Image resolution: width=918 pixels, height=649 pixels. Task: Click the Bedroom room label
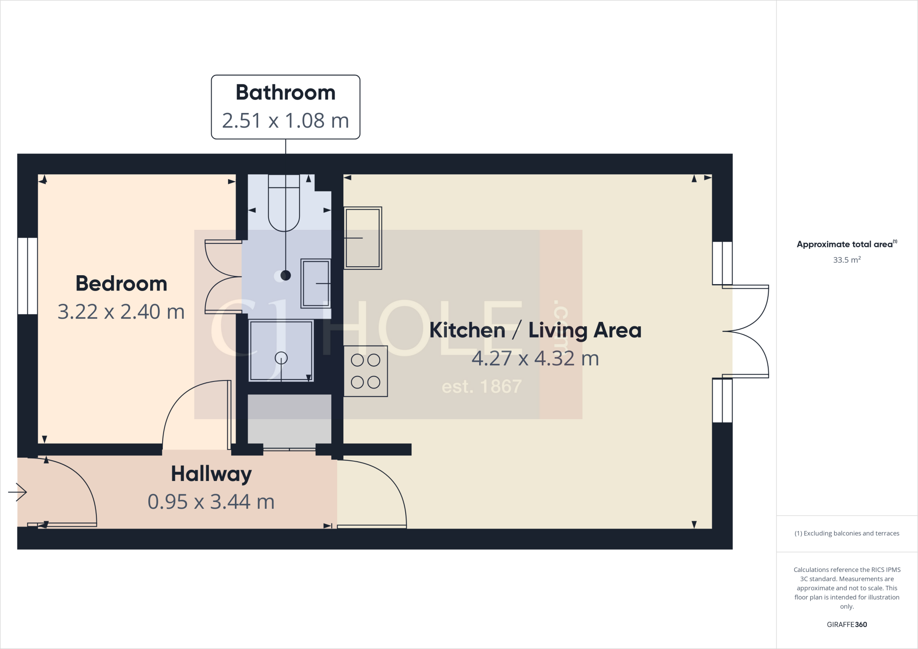point(121,284)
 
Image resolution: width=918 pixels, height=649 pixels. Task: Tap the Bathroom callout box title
point(286,93)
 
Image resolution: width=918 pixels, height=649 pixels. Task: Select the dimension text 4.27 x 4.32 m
point(535,358)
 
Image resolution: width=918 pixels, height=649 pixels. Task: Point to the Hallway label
point(211,474)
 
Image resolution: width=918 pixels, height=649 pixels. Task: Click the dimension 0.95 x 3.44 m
point(211,502)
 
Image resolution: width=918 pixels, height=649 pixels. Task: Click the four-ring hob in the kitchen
point(365,371)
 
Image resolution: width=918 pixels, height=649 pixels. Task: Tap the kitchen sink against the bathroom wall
point(363,238)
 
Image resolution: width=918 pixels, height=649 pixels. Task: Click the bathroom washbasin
point(316,283)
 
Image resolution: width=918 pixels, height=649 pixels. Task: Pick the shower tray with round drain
point(281,351)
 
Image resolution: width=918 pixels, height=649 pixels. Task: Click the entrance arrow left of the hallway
point(18,492)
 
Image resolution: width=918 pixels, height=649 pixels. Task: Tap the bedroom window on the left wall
point(27,276)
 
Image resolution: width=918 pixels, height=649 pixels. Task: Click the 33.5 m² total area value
point(847,260)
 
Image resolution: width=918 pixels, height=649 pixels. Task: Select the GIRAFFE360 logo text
point(847,624)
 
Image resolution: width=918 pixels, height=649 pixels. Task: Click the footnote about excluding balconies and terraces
point(847,533)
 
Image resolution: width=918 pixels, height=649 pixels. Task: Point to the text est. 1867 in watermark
point(481,386)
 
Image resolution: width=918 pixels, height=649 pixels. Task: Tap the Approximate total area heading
point(846,244)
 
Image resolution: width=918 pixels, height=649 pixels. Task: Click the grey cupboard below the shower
point(290,420)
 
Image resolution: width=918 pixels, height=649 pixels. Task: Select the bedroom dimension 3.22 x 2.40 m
point(121,312)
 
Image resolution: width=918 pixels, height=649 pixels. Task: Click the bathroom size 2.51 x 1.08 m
point(286,121)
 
